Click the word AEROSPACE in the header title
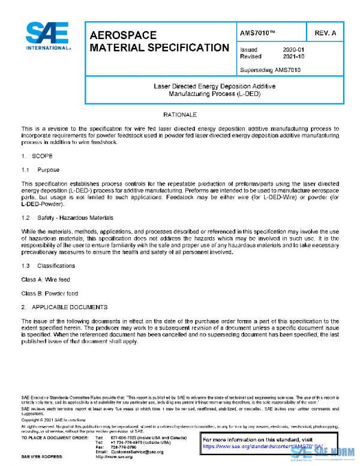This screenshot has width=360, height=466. coord(123,35)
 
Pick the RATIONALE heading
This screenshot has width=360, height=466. coord(180,114)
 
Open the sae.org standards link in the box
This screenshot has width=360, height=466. coord(262,447)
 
